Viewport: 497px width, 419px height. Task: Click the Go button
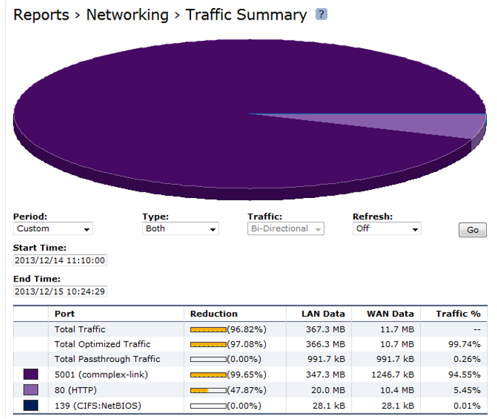tap(473, 230)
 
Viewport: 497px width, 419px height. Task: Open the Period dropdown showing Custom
tap(53, 229)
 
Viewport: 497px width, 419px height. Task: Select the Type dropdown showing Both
tap(180, 229)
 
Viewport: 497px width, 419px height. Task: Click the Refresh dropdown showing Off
tap(387, 229)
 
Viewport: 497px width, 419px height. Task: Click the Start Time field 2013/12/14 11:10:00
tap(61, 261)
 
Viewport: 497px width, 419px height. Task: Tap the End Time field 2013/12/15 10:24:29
tap(61, 291)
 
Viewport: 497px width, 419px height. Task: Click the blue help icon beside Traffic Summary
tap(322, 14)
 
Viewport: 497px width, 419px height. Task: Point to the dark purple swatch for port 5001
tap(31, 374)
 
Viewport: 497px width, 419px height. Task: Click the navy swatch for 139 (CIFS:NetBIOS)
tap(31, 405)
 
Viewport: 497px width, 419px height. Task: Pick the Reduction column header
tap(213, 314)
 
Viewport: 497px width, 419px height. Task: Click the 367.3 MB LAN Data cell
tap(326, 329)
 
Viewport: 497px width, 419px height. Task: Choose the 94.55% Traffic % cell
tap(464, 374)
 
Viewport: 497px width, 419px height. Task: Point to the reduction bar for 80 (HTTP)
tap(207, 390)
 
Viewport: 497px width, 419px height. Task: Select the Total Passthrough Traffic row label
tap(107, 359)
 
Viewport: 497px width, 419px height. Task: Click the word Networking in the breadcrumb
tap(127, 15)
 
